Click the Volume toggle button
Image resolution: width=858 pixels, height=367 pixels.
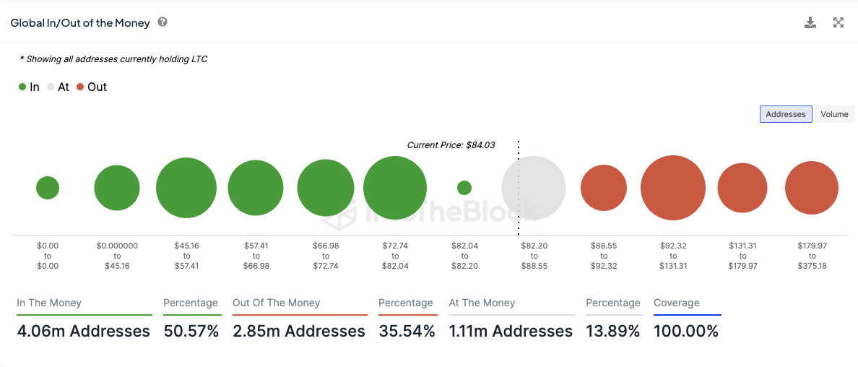click(834, 114)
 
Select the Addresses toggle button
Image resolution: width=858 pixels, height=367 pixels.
click(786, 114)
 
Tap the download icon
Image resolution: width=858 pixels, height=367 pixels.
click(810, 22)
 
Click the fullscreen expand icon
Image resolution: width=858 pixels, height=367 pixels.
click(838, 22)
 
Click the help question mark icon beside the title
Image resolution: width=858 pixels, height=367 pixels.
click(162, 22)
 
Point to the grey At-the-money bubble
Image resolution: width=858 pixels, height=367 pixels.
click(534, 188)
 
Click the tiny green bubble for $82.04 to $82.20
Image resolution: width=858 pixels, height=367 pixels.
click(464, 188)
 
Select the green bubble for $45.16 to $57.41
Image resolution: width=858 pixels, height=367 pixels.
click(186, 188)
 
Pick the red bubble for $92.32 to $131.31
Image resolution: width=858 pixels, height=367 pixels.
click(673, 188)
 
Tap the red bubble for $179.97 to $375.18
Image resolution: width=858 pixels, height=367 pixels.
click(812, 188)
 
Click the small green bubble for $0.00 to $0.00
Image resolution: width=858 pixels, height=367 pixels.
click(48, 188)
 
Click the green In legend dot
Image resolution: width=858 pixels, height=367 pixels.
click(22, 87)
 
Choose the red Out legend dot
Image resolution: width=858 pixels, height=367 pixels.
click(80, 87)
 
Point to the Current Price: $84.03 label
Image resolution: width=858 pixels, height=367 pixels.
click(451, 144)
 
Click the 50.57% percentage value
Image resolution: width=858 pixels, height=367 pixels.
click(191, 332)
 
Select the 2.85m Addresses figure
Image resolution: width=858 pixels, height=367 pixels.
click(299, 332)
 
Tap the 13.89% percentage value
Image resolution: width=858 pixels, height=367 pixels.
click(612, 332)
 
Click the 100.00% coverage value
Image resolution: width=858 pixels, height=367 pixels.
click(686, 332)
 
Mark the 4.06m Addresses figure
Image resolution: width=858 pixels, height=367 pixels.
click(84, 332)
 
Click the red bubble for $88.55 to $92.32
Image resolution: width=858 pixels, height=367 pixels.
click(604, 188)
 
